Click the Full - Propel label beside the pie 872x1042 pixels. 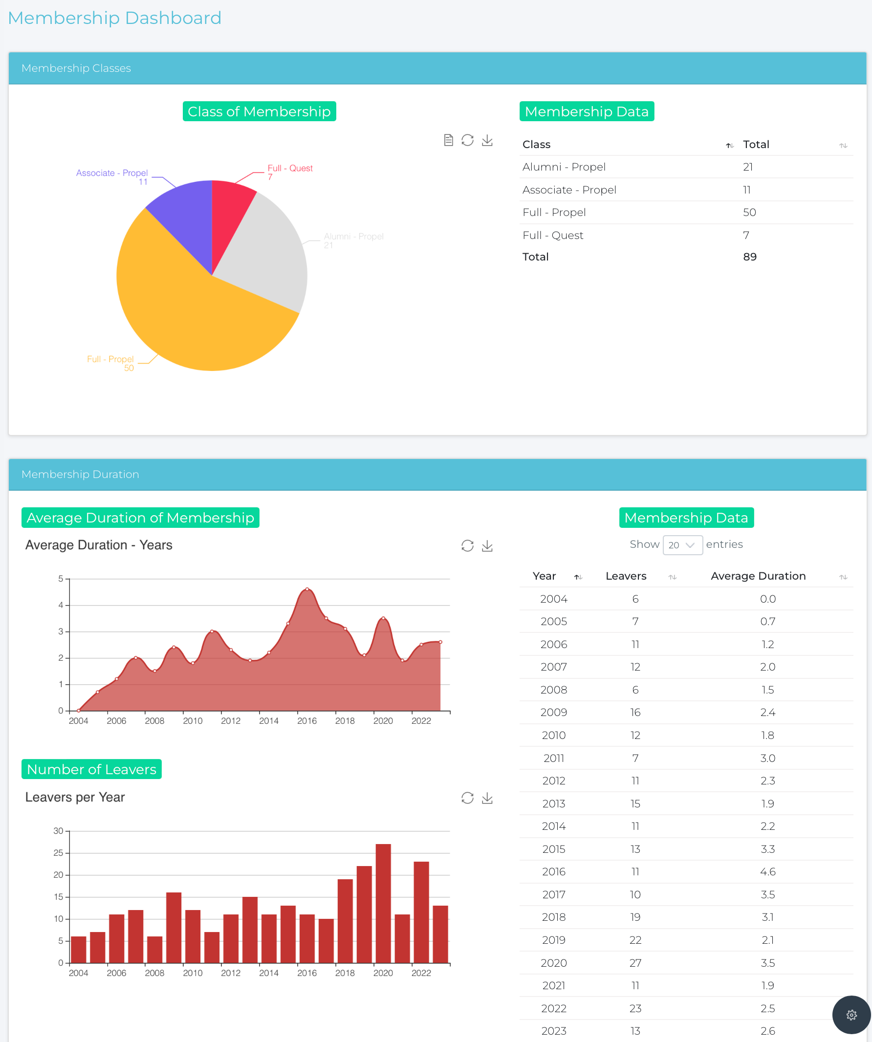pyautogui.click(x=110, y=359)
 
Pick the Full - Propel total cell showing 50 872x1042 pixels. pyautogui.click(x=749, y=213)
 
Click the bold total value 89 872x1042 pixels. pyautogui.click(x=749, y=257)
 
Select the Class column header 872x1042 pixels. pyautogui.click(x=537, y=144)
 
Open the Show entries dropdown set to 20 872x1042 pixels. pyautogui.click(x=682, y=545)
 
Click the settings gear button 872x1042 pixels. pyautogui.click(x=851, y=1015)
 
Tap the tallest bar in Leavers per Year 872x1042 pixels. pyautogui.click(x=383, y=903)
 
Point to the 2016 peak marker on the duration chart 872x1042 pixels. pyautogui.click(x=307, y=589)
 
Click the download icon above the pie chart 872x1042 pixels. pyautogui.click(x=487, y=140)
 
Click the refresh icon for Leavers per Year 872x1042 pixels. pyautogui.click(x=467, y=798)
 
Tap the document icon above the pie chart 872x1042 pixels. pyautogui.click(x=448, y=140)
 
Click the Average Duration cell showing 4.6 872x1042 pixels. pyautogui.click(x=767, y=872)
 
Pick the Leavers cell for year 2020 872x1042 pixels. pyautogui.click(x=635, y=963)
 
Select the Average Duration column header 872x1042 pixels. pyautogui.click(x=758, y=576)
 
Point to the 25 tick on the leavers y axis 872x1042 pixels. pyautogui.click(x=58, y=853)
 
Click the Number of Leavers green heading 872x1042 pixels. pyautogui.click(x=91, y=769)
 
